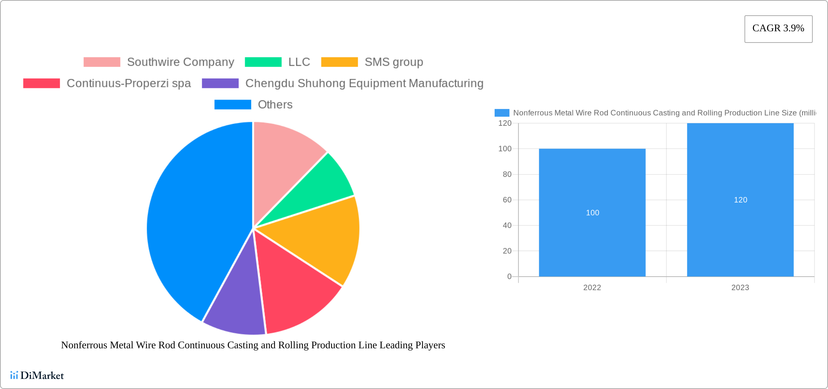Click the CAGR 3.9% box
click(778, 29)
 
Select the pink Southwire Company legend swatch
click(102, 62)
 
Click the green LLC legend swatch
click(263, 62)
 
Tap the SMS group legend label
click(394, 62)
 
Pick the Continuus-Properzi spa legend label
click(129, 83)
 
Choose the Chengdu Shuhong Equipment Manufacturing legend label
click(364, 83)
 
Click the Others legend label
click(275, 105)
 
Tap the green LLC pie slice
click(320, 189)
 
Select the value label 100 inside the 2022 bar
click(592, 213)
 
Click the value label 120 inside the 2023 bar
click(740, 200)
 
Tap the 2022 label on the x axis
click(592, 288)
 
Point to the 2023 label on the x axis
click(740, 288)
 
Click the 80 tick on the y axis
click(507, 175)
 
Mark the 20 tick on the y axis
click(507, 251)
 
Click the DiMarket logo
click(37, 375)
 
